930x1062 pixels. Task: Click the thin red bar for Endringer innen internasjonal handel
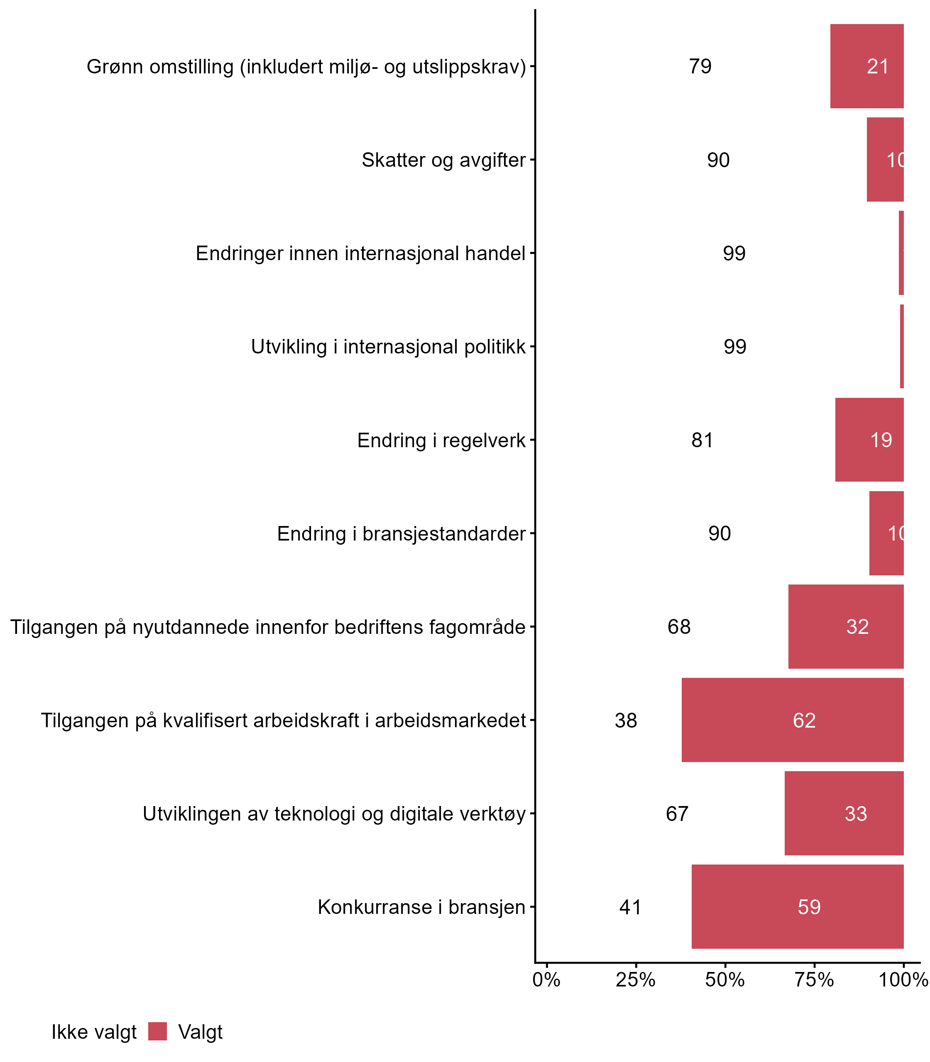pos(901,253)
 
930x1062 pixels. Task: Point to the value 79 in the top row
pos(700,66)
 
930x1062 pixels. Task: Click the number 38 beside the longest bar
pos(626,720)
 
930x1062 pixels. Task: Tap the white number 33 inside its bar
pos(856,814)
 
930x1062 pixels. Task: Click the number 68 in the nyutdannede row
pos(679,627)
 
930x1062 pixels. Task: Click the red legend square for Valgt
pos(157,1031)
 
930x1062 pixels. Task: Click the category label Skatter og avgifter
pos(444,160)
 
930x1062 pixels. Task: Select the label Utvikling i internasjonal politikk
pos(388,347)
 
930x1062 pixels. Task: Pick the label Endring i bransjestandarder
pos(401,533)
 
